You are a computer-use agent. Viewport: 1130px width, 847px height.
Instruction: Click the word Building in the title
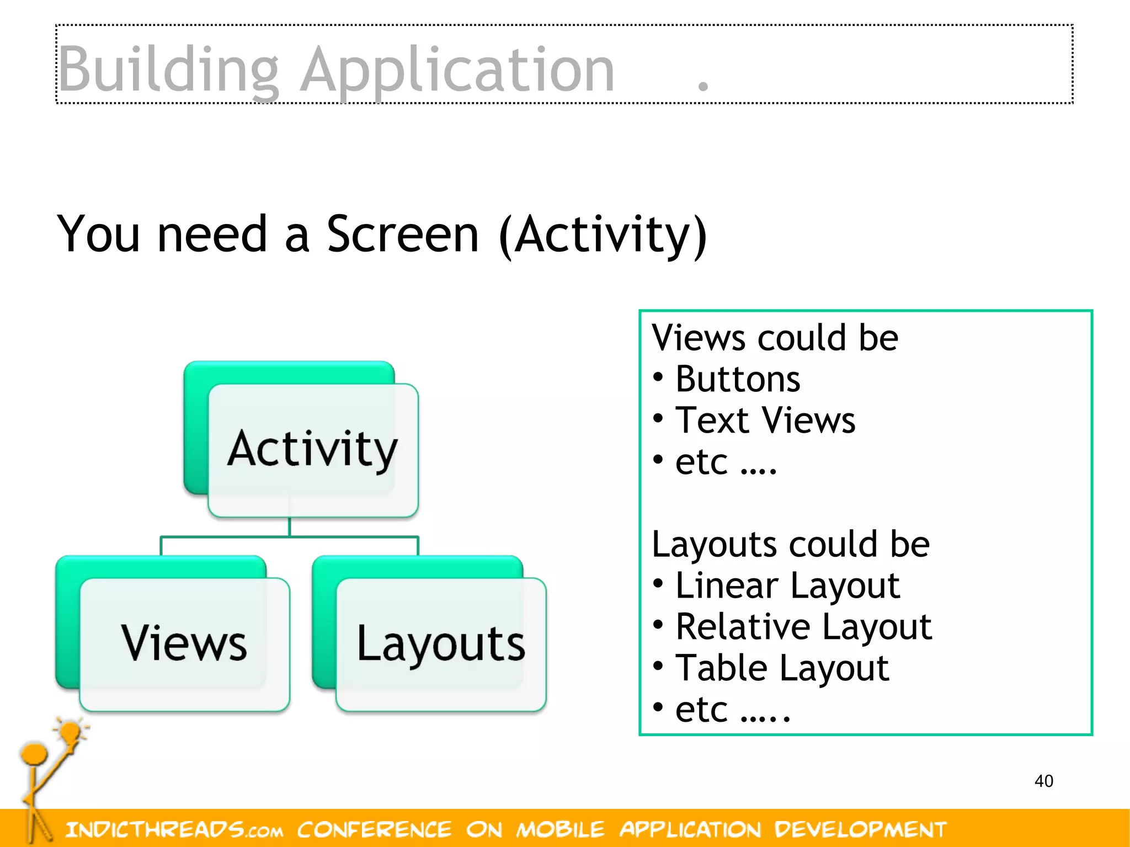[168, 70]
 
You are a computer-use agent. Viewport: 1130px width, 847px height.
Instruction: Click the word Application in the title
[458, 70]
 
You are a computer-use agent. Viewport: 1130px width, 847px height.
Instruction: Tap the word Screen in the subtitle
[403, 235]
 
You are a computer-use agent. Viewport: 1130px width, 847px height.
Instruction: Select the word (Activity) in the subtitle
[603, 236]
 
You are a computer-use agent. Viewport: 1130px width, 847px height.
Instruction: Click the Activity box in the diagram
[312, 449]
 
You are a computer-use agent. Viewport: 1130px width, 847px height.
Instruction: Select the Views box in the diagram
[184, 643]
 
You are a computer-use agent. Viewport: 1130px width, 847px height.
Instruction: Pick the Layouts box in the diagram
[441, 643]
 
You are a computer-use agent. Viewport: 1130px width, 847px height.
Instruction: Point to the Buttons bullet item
[737, 380]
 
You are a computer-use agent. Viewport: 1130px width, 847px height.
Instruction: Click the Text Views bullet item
[765, 420]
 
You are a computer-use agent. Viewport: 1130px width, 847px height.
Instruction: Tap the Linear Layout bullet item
[787, 585]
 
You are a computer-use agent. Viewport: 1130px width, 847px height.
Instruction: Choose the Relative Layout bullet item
[803, 627]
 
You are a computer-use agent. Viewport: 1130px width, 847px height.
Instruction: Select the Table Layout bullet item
[781, 668]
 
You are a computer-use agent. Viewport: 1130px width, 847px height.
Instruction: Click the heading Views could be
[775, 338]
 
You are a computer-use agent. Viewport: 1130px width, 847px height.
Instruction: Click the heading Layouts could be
[790, 545]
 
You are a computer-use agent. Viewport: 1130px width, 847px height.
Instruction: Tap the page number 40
[1043, 781]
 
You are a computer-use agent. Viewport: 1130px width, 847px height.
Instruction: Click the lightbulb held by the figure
[71, 733]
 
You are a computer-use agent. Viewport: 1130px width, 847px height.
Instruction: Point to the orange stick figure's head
[34, 754]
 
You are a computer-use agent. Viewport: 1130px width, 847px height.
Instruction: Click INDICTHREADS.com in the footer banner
[174, 829]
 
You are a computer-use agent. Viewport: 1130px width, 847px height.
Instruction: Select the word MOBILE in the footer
[560, 829]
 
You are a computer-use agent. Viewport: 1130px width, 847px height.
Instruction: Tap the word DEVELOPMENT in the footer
[860, 829]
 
